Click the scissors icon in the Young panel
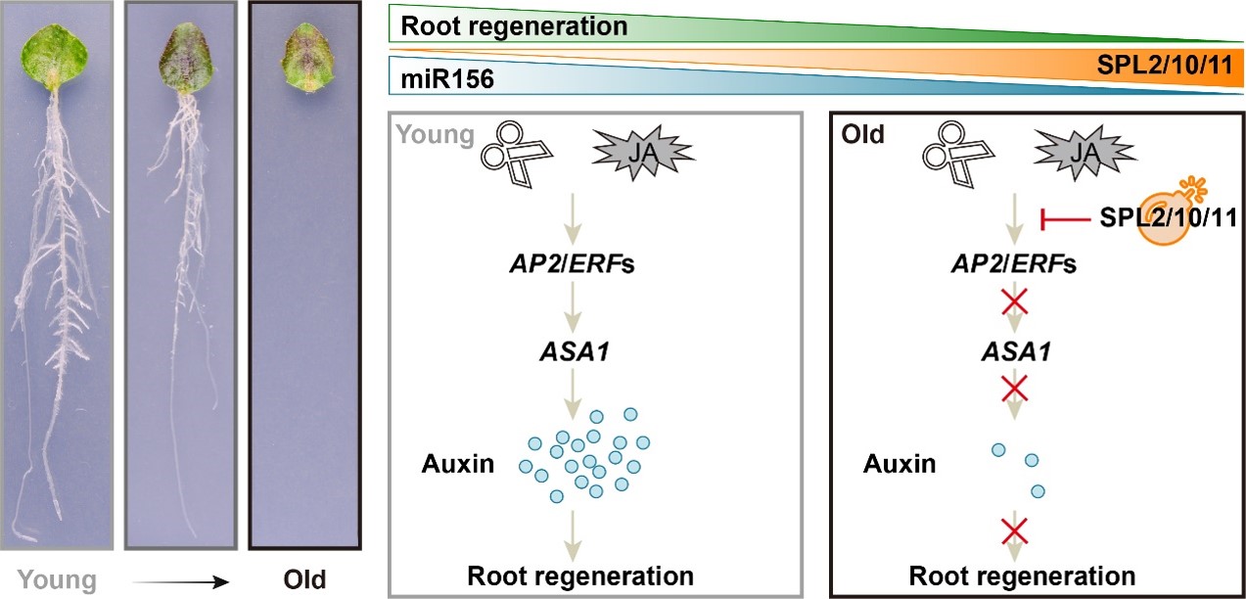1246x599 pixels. coord(515,153)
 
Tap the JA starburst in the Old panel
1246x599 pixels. coord(1080,151)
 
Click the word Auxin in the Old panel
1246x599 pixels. coord(899,463)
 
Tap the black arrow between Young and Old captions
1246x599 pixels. coord(182,580)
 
